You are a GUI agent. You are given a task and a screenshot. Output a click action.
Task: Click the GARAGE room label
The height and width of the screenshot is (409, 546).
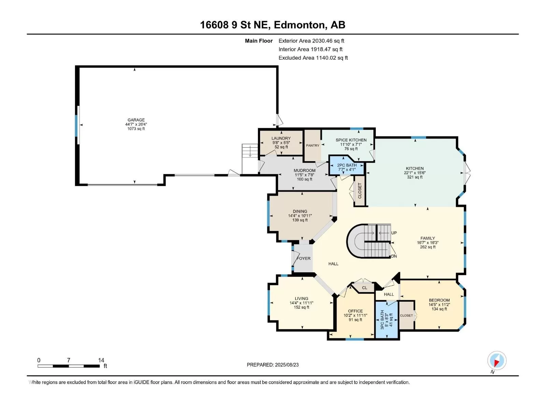pyautogui.click(x=136, y=120)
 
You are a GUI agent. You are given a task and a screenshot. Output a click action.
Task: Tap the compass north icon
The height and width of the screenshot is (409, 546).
pyautogui.click(x=497, y=360)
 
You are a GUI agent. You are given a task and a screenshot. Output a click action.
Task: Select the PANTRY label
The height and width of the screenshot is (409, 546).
pyautogui.click(x=313, y=146)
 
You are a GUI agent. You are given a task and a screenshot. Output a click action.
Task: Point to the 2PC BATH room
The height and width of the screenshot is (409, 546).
pyautogui.click(x=347, y=165)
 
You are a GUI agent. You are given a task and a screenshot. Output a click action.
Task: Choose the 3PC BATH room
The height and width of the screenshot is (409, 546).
pyautogui.click(x=387, y=319)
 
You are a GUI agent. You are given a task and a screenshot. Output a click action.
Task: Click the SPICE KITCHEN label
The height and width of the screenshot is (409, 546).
pyautogui.click(x=351, y=140)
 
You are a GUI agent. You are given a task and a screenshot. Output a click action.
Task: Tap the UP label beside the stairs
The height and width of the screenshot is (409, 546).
pyautogui.click(x=394, y=233)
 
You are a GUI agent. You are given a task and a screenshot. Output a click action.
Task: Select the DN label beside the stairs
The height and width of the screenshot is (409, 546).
pyautogui.click(x=394, y=256)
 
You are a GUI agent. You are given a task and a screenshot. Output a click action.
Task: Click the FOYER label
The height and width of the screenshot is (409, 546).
pyautogui.click(x=304, y=258)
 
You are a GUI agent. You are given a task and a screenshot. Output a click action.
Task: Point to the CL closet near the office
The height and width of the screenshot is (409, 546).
pyautogui.click(x=364, y=288)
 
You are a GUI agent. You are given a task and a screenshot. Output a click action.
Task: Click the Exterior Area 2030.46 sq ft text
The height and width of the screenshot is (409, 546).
pyautogui.click(x=311, y=41)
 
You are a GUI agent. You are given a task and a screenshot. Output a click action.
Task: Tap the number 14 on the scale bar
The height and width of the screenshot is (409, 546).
pyautogui.click(x=101, y=360)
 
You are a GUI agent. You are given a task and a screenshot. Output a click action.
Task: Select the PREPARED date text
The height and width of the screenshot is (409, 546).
pyautogui.click(x=273, y=365)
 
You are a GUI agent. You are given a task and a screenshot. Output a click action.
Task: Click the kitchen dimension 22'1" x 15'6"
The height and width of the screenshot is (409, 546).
pyautogui.click(x=415, y=173)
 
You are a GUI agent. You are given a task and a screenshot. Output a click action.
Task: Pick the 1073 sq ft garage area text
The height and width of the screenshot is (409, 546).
pyautogui.click(x=136, y=128)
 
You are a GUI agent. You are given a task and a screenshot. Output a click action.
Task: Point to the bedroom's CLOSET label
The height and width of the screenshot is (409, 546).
pyautogui.click(x=406, y=315)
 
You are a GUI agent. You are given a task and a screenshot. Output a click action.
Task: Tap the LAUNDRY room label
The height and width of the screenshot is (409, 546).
pyautogui.click(x=281, y=138)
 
